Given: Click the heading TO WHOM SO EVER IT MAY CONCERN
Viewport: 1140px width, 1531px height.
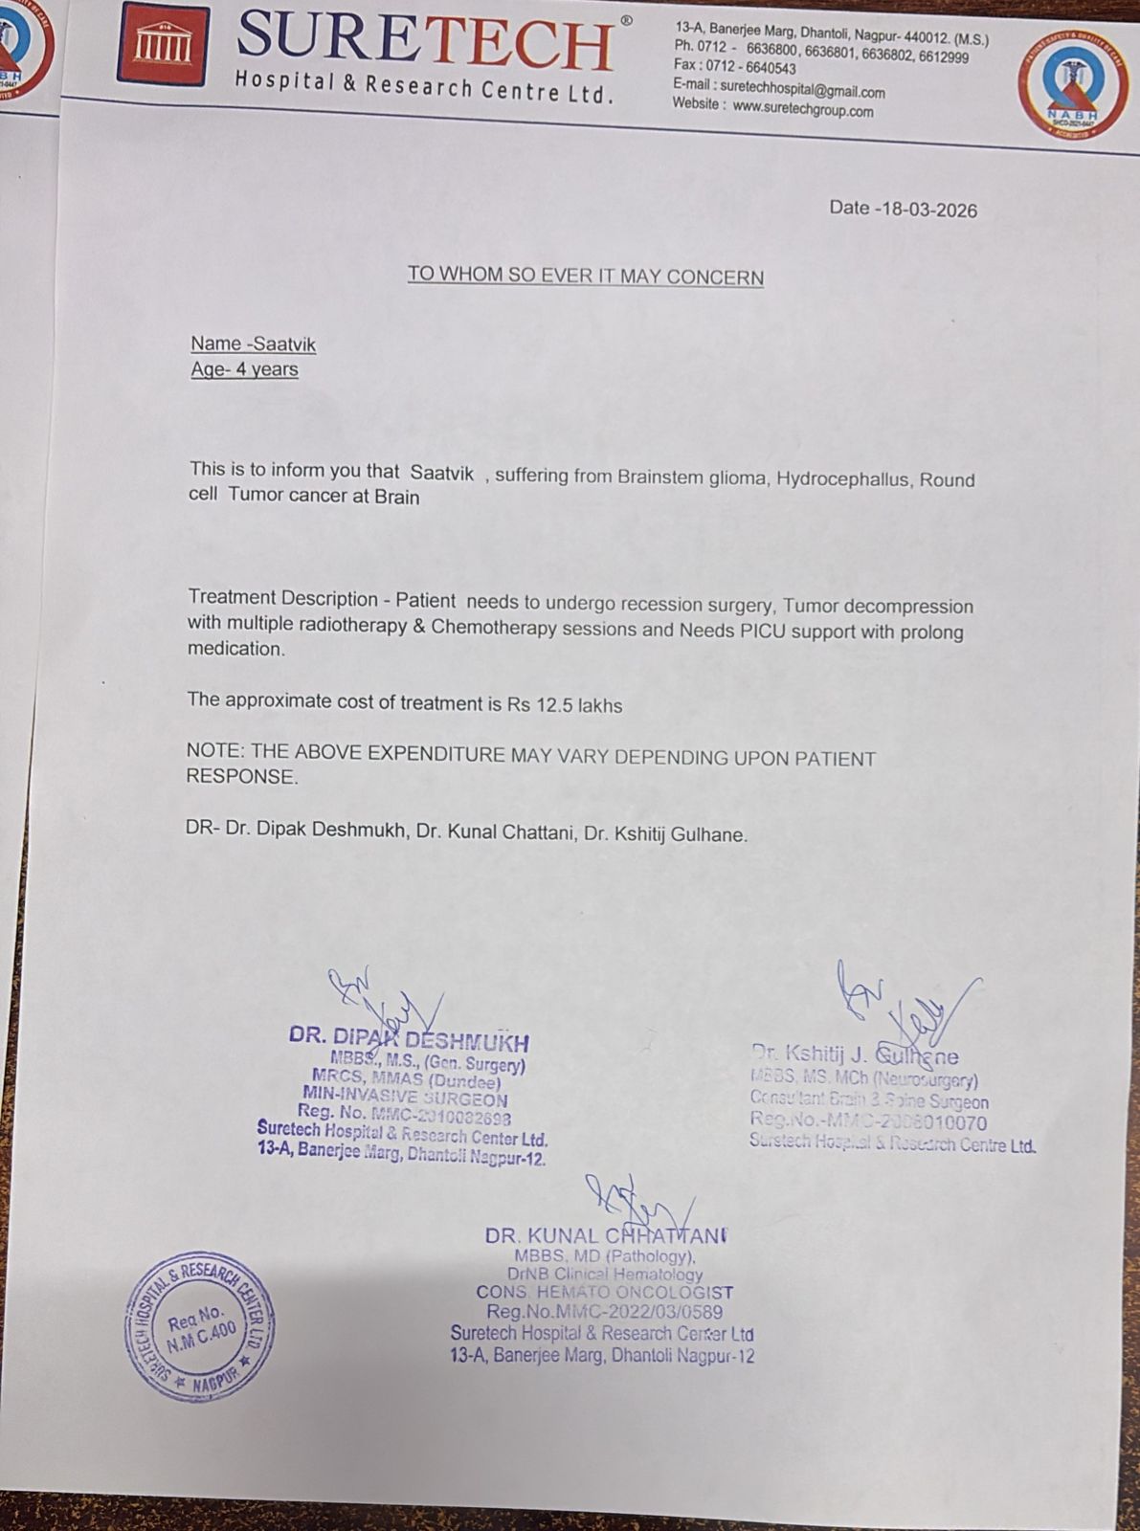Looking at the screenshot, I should [x=585, y=277].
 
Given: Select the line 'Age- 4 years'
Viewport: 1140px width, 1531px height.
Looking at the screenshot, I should [x=244, y=369].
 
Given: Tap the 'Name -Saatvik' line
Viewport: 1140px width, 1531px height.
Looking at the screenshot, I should [x=253, y=344].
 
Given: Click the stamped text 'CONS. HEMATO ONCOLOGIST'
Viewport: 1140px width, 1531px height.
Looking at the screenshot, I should [x=605, y=1293].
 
